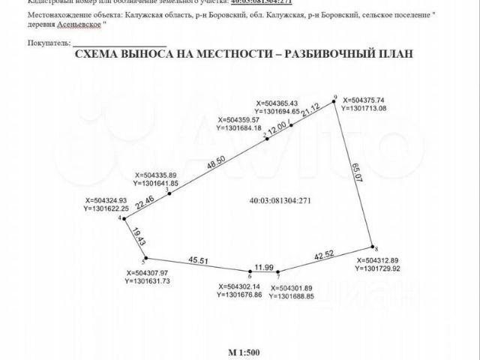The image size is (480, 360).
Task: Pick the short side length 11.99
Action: point(265,266)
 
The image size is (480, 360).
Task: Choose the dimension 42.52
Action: point(325,255)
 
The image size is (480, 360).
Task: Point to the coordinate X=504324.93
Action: point(111,200)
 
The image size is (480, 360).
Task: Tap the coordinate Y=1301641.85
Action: point(156,183)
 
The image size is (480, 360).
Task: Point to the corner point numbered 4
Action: point(124,219)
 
